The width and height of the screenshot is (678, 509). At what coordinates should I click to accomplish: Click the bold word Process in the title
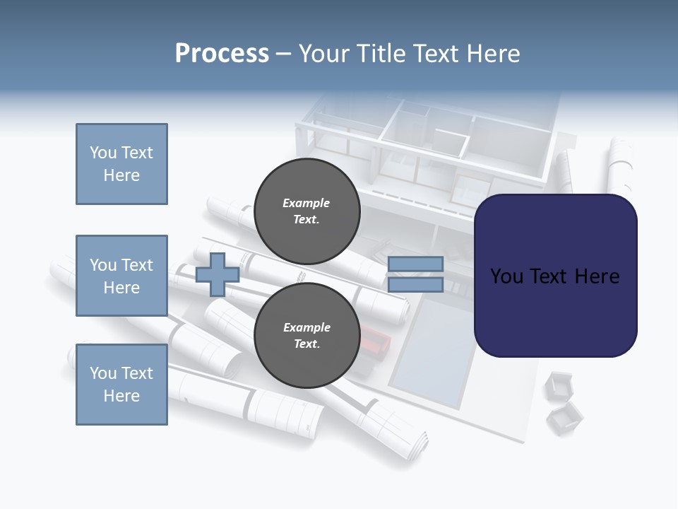coord(222,54)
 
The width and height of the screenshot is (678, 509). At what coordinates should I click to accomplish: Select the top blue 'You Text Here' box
coord(121,164)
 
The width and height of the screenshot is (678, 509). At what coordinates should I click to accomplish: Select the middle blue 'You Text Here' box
coord(121,276)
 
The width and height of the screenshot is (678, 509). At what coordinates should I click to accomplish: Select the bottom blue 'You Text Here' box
coord(121,385)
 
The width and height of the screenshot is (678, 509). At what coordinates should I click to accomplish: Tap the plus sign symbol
coord(217,275)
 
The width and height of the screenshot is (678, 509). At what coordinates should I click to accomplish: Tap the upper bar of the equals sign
coord(415,264)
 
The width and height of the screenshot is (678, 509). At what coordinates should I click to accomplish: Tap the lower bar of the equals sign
coord(415,285)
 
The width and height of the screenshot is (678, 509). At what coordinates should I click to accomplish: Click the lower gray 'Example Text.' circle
coord(307,336)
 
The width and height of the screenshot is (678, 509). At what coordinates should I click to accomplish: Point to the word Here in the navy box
coord(597,276)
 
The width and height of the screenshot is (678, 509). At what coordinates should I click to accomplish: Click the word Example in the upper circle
coord(306,203)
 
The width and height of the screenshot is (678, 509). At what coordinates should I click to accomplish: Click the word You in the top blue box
coord(102,153)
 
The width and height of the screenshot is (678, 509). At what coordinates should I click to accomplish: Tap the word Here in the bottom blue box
coord(121,396)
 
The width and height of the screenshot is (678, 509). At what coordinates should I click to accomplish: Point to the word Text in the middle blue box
coord(136,265)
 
